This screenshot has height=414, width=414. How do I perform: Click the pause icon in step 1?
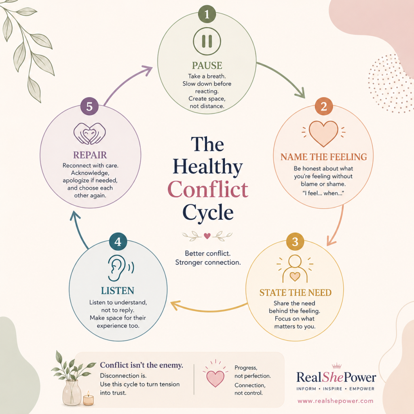point(207,41)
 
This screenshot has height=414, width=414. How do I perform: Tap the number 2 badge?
point(324,106)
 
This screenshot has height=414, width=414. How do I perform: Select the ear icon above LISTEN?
point(120,268)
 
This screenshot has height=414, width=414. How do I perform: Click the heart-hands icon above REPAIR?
point(90,133)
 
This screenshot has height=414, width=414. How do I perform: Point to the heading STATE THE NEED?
point(296,293)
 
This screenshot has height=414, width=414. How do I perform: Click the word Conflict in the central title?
point(208,189)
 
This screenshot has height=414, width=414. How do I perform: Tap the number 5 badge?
point(89,106)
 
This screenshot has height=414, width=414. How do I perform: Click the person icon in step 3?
point(295,268)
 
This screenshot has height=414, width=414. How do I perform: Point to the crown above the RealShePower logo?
point(337,366)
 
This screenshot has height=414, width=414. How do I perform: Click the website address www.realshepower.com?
point(335,401)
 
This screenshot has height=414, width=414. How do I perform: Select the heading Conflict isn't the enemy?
point(142,365)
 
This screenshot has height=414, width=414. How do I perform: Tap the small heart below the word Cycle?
point(207,236)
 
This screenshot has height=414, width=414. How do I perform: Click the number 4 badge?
point(118,242)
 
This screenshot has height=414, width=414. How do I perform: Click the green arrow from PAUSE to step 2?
point(285,76)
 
